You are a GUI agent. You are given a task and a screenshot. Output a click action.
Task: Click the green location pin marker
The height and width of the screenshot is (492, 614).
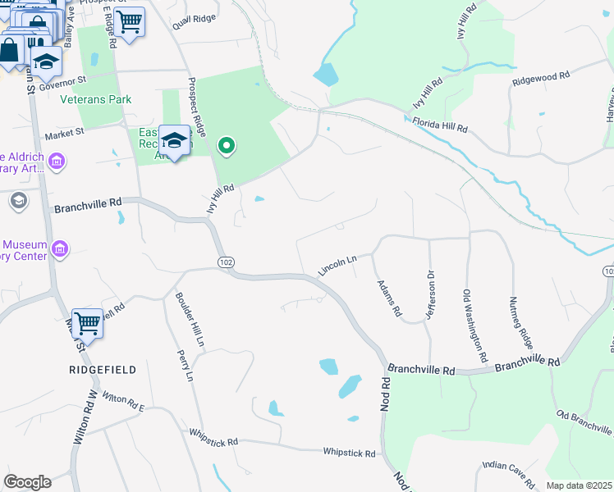click(227, 147)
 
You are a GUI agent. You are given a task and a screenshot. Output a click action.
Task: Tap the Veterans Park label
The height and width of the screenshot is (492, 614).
click(96, 99)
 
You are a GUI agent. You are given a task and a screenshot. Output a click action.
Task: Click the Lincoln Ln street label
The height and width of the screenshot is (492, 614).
click(338, 265)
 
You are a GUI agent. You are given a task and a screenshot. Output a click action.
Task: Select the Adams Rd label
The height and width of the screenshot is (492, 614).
click(388, 298)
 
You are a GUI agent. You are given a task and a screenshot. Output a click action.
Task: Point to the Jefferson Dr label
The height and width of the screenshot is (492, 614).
click(428, 295)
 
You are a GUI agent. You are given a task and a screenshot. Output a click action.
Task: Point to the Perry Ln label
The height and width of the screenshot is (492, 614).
click(185, 366)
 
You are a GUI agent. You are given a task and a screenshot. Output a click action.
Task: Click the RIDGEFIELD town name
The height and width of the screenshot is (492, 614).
click(102, 370)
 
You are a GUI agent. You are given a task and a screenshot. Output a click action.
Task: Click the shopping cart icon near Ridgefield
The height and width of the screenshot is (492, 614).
click(87, 323)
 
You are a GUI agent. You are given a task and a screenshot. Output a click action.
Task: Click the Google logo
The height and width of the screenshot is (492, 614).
click(27, 482)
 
